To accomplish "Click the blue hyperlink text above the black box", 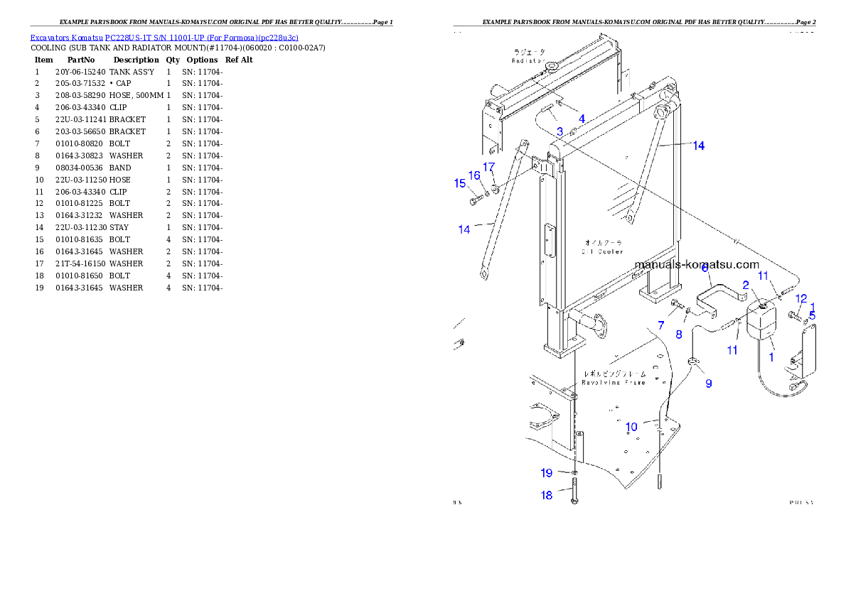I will [x=164, y=37].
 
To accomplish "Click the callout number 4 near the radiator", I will [x=582, y=119].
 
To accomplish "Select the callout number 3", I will [x=560, y=131].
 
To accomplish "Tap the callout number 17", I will [x=488, y=167].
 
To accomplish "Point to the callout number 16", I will [x=474, y=176].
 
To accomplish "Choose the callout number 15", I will [x=459, y=183].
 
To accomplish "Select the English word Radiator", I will [x=528, y=61].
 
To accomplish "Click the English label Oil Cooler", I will [x=602, y=251].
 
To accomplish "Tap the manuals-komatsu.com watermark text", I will [x=697, y=264].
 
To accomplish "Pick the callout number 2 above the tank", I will [x=746, y=285].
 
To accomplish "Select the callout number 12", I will [x=801, y=298].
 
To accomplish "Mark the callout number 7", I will [x=661, y=325].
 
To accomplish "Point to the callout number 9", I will [x=708, y=384].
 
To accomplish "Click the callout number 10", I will [x=631, y=427].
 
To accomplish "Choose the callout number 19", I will [x=546, y=473].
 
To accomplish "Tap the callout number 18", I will [x=546, y=495].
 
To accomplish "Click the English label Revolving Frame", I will [x=614, y=382].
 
